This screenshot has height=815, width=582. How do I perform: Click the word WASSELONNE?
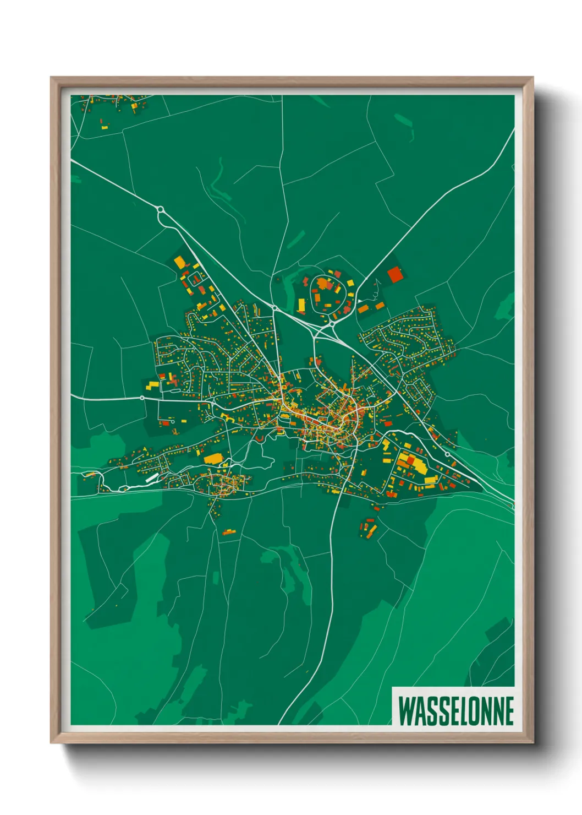click(456, 710)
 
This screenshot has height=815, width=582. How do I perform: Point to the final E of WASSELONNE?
click(509, 710)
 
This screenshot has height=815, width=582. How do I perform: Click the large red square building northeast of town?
click(394, 274)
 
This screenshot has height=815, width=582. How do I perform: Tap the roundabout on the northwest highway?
click(161, 210)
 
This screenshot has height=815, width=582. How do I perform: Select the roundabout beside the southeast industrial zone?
click(447, 454)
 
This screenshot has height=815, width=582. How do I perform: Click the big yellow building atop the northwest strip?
click(180, 262)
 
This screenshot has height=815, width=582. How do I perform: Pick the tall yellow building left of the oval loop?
click(301, 305)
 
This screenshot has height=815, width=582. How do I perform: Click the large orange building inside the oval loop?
click(325, 284)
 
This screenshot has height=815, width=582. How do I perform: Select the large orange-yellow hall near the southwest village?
click(213, 458)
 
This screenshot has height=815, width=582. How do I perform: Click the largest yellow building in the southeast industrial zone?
click(418, 466)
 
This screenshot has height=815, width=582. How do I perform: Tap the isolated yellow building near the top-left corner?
click(105, 127)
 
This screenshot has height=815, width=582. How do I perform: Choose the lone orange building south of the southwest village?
click(228, 532)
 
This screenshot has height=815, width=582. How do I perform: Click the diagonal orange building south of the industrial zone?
click(372, 530)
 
